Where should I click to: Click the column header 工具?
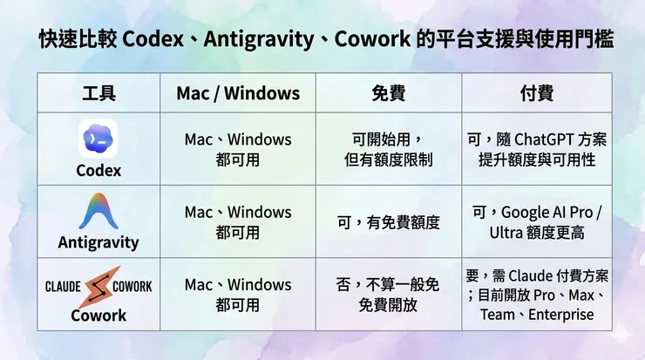(x=98, y=92)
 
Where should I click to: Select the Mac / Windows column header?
(x=237, y=92)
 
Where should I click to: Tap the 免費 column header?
(x=388, y=92)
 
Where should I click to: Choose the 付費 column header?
(x=536, y=92)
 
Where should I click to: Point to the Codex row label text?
(x=98, y=170)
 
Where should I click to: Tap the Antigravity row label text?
(x=98, y=242)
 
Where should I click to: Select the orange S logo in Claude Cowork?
(x=98, y=286)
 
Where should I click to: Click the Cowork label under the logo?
(x=98, y=315)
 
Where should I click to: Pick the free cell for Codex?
(x=388, y=149)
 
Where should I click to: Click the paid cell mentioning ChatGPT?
(x=536, y=149)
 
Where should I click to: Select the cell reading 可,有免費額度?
(x=388, y=222)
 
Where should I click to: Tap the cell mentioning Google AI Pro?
(x=536, y=222)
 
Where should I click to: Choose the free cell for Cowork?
(x=388, y=295)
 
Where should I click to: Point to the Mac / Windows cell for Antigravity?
(x=237, y=222)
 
